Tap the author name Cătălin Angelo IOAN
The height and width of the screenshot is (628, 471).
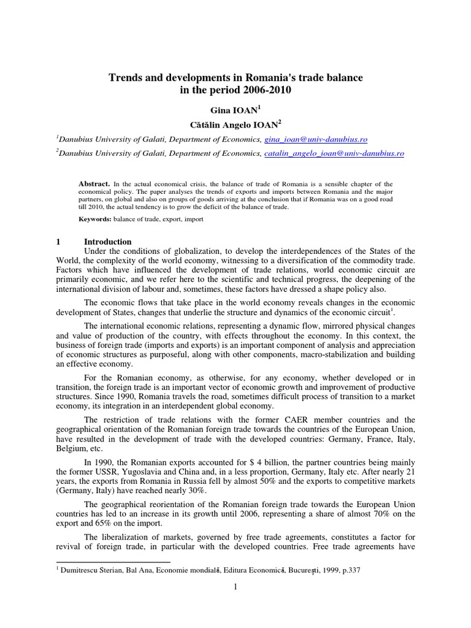click(x=235, y=123)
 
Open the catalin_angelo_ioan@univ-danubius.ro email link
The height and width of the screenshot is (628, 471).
click(x=334, y=153)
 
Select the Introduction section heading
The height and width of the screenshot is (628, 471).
click(x=107, y=242)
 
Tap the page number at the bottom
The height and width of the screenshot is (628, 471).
click(x=235, y=587)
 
